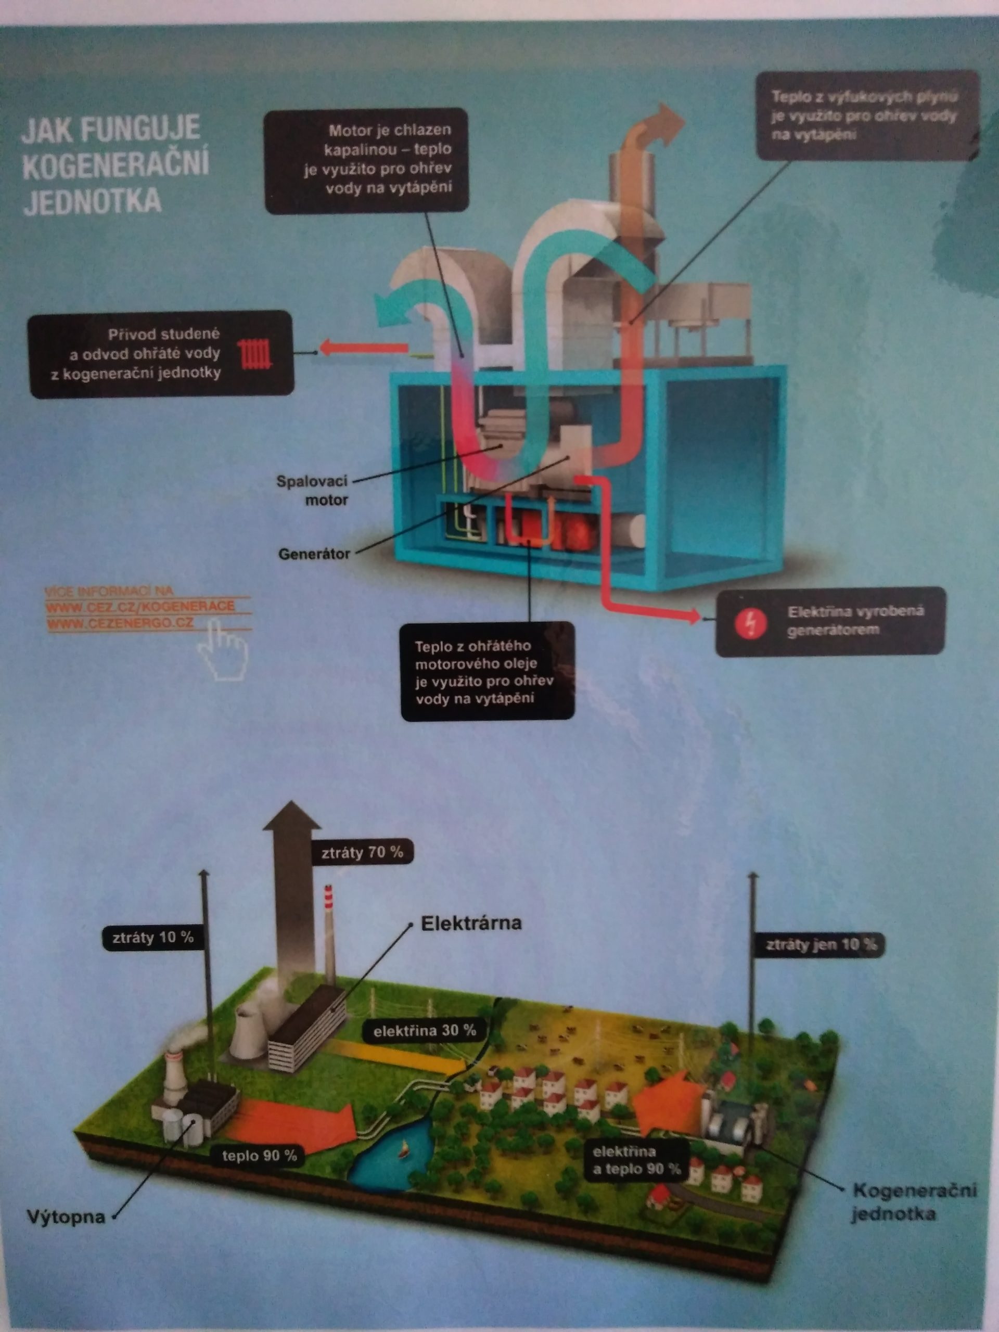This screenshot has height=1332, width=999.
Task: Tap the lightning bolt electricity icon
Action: point(751,622)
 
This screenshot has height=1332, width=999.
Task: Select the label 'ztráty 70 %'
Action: point(362,852)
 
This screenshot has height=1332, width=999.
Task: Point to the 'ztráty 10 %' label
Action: point(153,938)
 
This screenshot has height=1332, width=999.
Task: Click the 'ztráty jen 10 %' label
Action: point(820,944)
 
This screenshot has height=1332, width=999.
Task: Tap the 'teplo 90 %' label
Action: point(260,1156)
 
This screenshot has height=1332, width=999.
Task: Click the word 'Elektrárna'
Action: point(471,924)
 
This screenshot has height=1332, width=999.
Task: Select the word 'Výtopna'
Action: point(66,1217)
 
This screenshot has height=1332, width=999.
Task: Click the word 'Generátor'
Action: point(314,554)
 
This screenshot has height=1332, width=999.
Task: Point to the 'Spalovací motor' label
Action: point(313,490)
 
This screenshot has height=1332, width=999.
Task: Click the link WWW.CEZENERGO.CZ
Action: point(120,623)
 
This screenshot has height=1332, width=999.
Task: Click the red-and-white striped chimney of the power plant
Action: point(329,927)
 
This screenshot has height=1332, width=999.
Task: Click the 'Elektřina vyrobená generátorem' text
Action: point(855,621)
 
